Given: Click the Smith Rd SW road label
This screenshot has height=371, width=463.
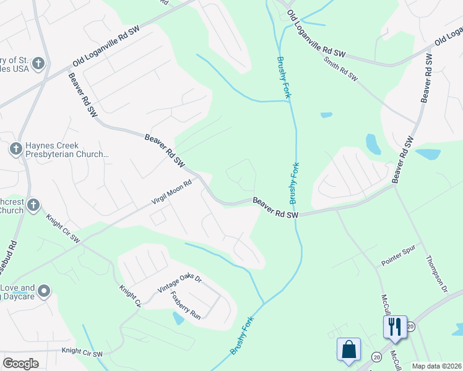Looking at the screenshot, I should coord(340,69).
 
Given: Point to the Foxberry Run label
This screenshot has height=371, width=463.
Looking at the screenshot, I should coord(186,305).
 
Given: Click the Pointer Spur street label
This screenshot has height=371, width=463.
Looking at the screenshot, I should coord(396,258).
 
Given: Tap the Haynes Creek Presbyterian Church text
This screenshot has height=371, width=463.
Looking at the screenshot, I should coord(67,151).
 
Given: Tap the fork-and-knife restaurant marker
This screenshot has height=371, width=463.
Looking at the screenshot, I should coord(394,326).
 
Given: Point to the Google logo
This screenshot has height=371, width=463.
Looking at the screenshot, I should coord(20,364).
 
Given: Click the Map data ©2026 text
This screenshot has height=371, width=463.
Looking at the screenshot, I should coord(436,366).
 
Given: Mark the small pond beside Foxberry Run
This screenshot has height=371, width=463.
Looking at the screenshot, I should coord(178,318).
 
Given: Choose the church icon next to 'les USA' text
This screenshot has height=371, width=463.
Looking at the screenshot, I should coord(38,63).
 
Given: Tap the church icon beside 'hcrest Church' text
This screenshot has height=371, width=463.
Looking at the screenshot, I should coord(33,205).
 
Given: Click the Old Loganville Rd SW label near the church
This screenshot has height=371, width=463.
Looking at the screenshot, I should coord(106,46).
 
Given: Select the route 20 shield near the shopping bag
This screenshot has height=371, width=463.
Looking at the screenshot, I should coord(376,357).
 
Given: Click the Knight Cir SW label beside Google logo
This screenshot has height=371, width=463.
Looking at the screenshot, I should coord(82,352).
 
